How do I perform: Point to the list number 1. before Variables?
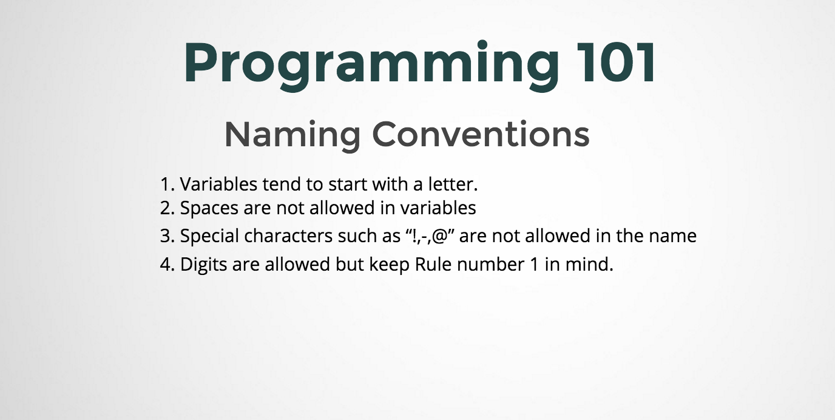(x=167, y=184)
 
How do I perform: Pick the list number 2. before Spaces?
(x=167, y=208)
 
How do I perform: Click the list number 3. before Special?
(x=167, y=236)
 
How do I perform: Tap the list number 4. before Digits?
(x=167, y=265)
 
